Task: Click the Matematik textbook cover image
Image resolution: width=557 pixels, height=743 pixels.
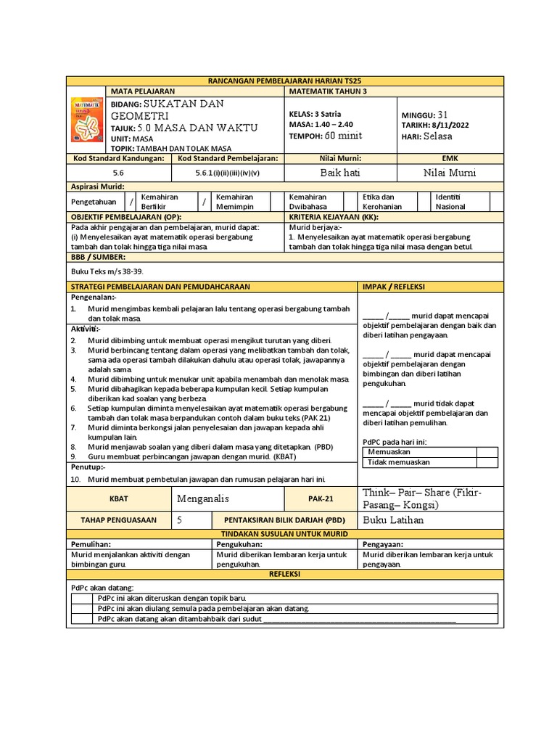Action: click(x=86, y=119)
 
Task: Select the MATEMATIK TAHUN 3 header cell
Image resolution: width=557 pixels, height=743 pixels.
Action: click(x=328, y=91)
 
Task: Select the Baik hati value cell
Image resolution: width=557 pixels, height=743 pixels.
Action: click(x=339, y=173)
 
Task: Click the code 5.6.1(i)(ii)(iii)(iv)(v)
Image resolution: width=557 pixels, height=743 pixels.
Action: click(x=227, y=173)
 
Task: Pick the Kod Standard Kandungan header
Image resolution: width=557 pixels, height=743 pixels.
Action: click(x=118, y=157)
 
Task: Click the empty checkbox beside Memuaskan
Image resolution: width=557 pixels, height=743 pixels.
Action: click(x=487, y=452)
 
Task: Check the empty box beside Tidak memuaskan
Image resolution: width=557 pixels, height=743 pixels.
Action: click(x=487, y=462)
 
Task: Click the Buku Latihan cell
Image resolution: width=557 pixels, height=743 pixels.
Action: click(x=393, y=520)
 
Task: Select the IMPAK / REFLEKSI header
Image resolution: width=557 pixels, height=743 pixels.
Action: click(x=395, y=287)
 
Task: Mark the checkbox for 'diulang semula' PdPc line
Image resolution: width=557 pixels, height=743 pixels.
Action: click(x=82, y=608)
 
